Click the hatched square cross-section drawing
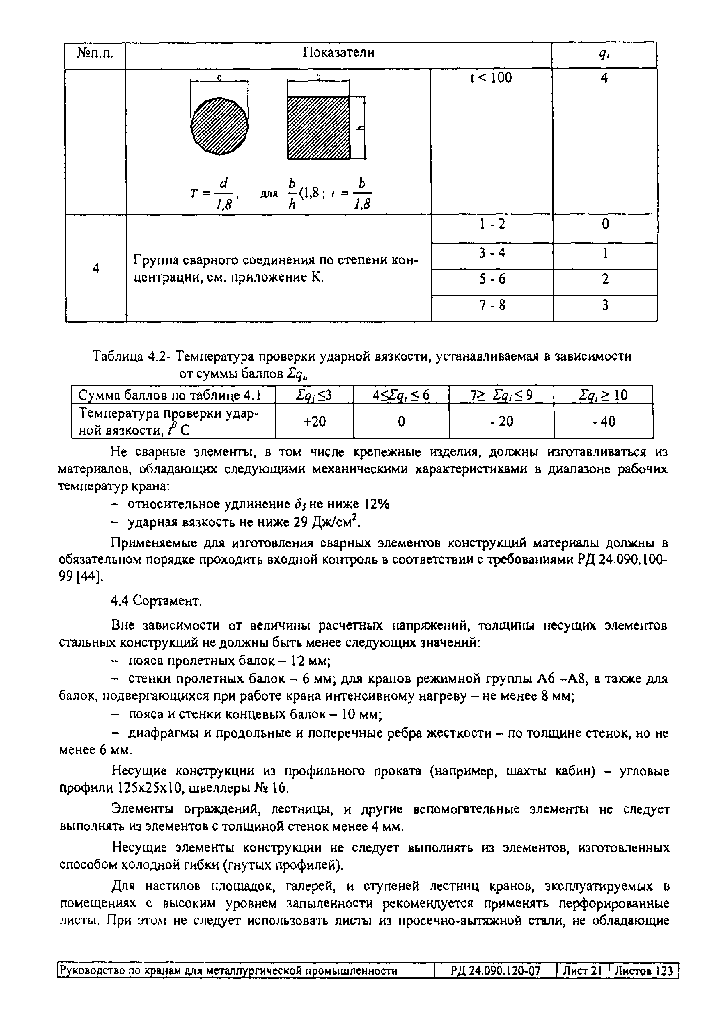coord(318,127)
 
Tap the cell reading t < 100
coord(491,78)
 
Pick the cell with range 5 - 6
coord(492,279)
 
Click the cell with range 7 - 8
coord(492,305)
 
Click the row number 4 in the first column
coord(95,268)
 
